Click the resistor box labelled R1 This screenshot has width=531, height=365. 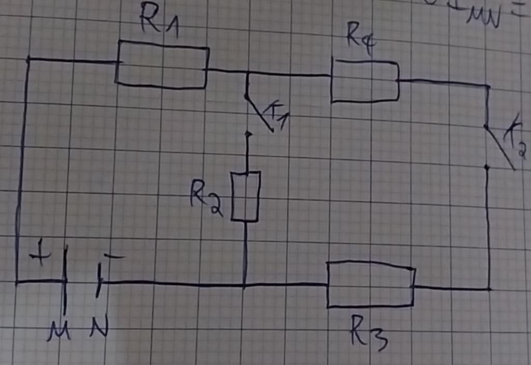tap(162, 65)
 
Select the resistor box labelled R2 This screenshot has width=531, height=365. tap(245, 197)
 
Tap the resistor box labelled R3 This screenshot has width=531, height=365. tap(370, 285)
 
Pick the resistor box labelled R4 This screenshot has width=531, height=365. tap(365, 81)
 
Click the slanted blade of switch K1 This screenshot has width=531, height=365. tap(260, 114)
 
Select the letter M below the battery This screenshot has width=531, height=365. tap(59, 331)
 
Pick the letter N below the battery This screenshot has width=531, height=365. tap(99, 328)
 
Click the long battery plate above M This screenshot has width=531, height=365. tap(65, 280)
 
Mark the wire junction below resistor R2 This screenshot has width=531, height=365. tap(244, 285)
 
